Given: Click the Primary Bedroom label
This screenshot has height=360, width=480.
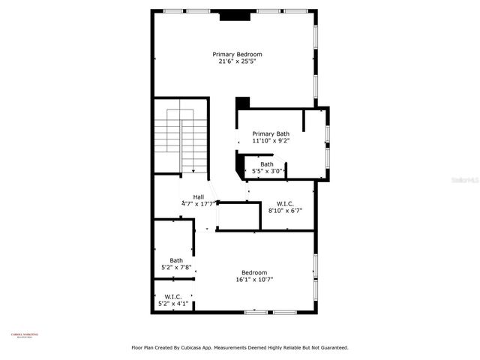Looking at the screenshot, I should pyautogui.click(x=237, y=54).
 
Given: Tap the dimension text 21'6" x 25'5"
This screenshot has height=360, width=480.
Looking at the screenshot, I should pyautogui.click(x=237, y=61).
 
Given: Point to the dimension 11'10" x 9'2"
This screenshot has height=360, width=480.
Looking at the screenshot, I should pyautogui.click(x=270, y=140).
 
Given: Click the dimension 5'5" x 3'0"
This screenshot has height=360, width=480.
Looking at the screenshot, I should pyautogui.click(x=267, y=172).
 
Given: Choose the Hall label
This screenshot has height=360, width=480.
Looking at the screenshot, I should pyautogui.click(x=199, y=196).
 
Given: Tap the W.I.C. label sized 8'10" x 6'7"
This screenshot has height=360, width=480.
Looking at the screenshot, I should pyautogui.click(x=285, y=203).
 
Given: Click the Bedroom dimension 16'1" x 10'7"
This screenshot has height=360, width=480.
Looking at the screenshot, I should pyautogui.click(x=254, y=280).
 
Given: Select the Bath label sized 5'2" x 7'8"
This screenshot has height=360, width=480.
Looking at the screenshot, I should pyautogui.click(x=176, y=260).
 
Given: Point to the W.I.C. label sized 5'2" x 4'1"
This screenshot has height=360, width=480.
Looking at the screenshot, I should pyautogui.click(x=172, y=297).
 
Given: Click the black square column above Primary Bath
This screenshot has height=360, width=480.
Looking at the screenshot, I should pyautogui.click(x=243, y=103).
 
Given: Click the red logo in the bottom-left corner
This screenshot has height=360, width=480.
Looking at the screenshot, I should pyautogui.click(x=24, y=336).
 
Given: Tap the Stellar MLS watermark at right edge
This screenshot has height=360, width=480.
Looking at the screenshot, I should pyautogui.click(x=469, y=180).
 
